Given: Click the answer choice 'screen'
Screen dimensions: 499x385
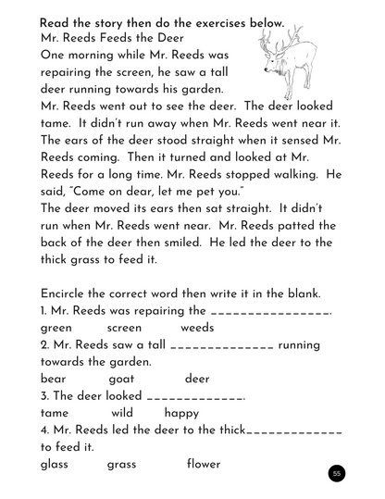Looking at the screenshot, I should coord(124,328).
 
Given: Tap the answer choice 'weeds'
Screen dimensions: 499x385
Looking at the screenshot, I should coord(197,328).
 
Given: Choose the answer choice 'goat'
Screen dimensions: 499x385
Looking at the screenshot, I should coord(121,379).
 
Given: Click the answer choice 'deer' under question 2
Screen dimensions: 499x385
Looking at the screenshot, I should coord(197,379).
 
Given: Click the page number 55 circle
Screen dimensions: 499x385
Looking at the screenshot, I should coord(337,474).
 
